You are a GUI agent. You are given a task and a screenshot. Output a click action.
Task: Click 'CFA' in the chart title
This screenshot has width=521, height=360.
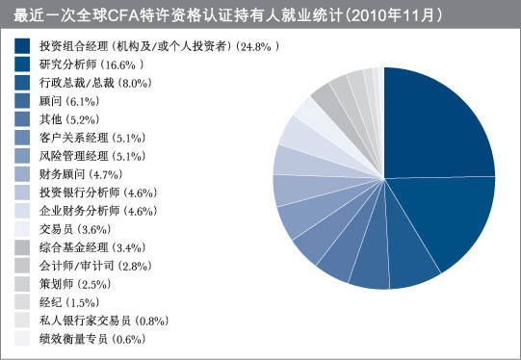130,15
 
